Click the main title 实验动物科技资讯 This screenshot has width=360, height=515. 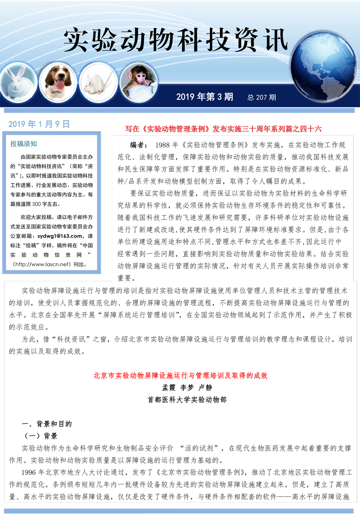[x=176, y=40]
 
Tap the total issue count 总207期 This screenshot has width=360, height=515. [x=262, y=97]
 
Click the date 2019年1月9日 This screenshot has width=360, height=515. [x=39, y=124]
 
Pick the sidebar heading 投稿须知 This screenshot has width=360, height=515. [x=23, y=144]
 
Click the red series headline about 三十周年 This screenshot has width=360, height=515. [x=223, y=129]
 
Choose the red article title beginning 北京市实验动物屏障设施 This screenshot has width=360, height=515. [x=180, y=375]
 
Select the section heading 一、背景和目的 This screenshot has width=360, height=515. [x=47, y=424]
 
